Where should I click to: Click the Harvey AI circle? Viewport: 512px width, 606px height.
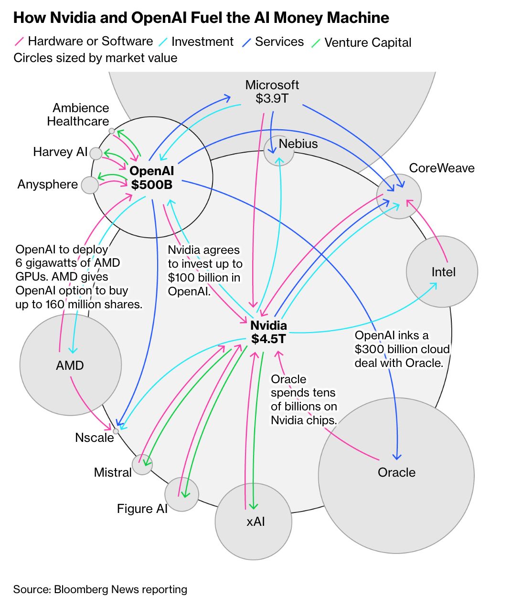(x=96, y=153)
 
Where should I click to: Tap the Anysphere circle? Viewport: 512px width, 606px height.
(x=90, y=185)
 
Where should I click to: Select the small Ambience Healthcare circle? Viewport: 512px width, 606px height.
(x=112, y=131)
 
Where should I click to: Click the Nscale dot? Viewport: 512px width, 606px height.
(x=116, y=431)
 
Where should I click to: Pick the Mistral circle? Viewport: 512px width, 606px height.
(x=142, y=464)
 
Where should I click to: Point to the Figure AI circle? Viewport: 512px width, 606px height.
(x=181, y=494)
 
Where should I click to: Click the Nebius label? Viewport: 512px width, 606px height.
(x=298, y=144)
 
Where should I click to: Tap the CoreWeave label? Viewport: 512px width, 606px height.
(x=442, y=168)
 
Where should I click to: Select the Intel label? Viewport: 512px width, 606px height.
(x=443, y=272)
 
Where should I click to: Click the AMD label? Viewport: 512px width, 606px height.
(x=70, y=366)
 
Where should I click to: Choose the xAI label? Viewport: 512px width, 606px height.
(x=256, y=522)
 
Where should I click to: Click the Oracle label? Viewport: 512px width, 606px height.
(x=396, y=472)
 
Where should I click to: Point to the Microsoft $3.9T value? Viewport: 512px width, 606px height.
(x=272, y=98)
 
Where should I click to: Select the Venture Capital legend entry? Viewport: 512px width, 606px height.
(x=361, y=42)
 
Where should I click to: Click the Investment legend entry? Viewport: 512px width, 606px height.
(x=196, y=42)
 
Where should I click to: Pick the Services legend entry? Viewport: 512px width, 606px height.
(x=273, y=42)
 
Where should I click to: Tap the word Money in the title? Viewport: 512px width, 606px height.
(x=298, y=18)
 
